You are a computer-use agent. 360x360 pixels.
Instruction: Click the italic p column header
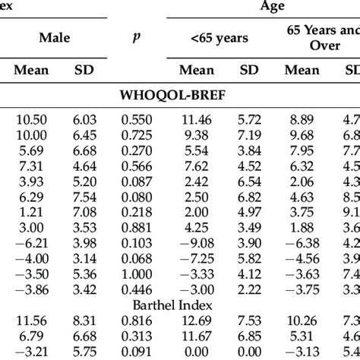pos(137,35)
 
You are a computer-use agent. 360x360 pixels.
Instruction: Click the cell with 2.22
pos(249,290)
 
